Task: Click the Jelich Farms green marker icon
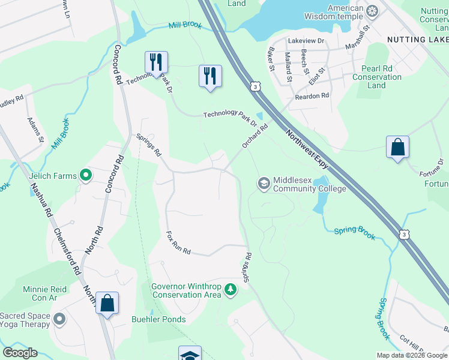[x=86, y=176]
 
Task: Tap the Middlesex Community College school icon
[x=264, y=182]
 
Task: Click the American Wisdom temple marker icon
[x=373, y=10]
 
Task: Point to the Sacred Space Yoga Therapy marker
[x=59, y=320]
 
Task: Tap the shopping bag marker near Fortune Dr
[x=397, y=147]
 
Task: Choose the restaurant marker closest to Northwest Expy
[x=210, y=76]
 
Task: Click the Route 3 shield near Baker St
[x=256, y=87]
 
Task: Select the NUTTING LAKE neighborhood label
[x=415, y=39]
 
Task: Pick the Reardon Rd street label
[x=312, y=96]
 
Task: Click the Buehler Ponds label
[x=158, y=319]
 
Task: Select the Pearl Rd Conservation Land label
[x=377, y=77]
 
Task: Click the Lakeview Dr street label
[x=306, y=41]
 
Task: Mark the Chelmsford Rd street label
[x=67, y=251]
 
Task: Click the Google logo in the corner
[x=20, y=353]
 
